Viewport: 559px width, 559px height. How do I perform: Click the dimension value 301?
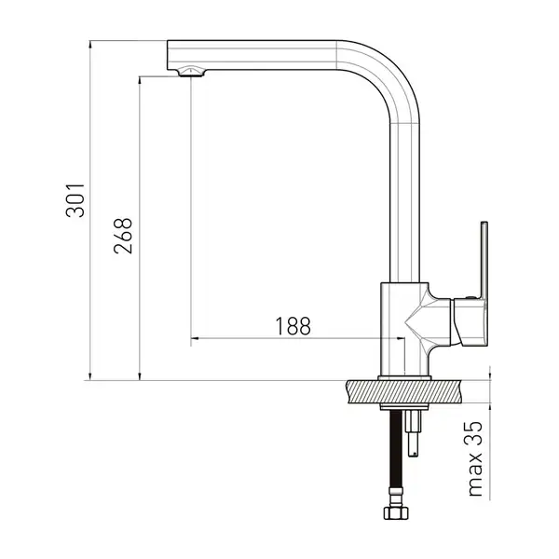coord(75,200)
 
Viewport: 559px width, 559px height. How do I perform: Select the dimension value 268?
coord(123,236)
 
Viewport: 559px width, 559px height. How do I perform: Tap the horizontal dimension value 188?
coord(293,326)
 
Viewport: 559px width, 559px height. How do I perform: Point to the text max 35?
coord(475,458)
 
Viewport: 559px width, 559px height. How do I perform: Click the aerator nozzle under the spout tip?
coord(191,72)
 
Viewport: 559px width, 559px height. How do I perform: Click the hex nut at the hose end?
coord(396,513)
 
